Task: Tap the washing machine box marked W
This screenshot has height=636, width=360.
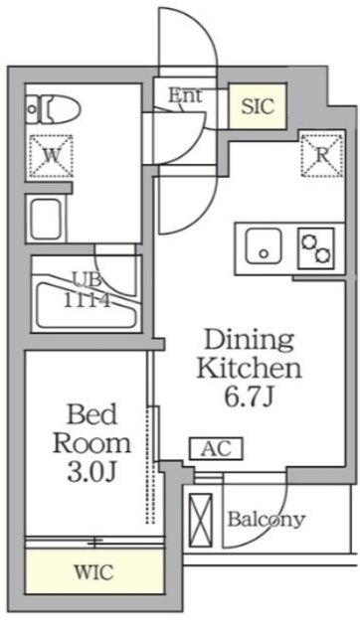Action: click(x=49, y=154)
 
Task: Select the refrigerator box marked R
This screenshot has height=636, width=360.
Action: click(x=322, y=154)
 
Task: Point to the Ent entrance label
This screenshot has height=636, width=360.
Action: click(x=185, y=96)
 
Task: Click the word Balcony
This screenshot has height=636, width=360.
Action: click(x=266, y=519)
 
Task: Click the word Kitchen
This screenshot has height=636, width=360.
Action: click(x=248, y=369)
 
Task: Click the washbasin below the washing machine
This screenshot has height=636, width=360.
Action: click(x=47, y=218)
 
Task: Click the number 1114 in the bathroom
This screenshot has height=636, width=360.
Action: click(x=88, y=297)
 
